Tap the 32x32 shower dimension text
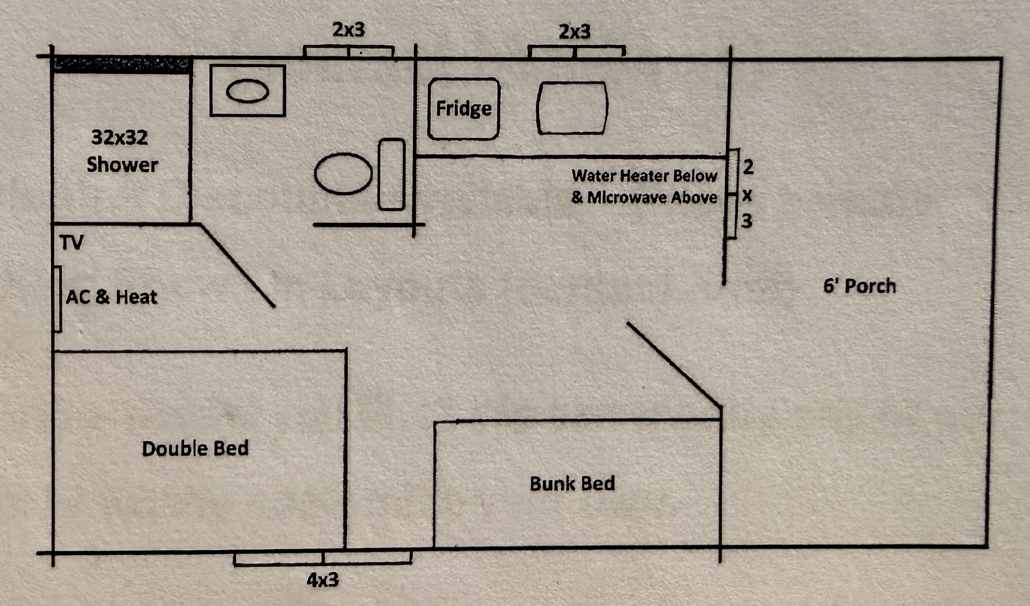pos(119,138)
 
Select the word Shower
pos(122,165)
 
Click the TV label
pos(72,242)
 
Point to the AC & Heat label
pos(112,297)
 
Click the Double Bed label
pos(195,448)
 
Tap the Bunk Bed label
pos(572,483)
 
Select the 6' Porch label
pos(859,286)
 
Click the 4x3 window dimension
pos(323,580)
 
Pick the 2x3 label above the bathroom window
pos(349,30)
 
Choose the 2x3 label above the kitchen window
pos(575,31)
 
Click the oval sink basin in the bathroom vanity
pos(247,91)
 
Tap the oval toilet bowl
pos(343,174)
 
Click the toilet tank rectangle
pos(391,175)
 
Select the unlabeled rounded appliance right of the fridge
pos(572,108)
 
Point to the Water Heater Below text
pos(644,176)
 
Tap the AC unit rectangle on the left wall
pos(58,299)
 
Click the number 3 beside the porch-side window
pos(747,221)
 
